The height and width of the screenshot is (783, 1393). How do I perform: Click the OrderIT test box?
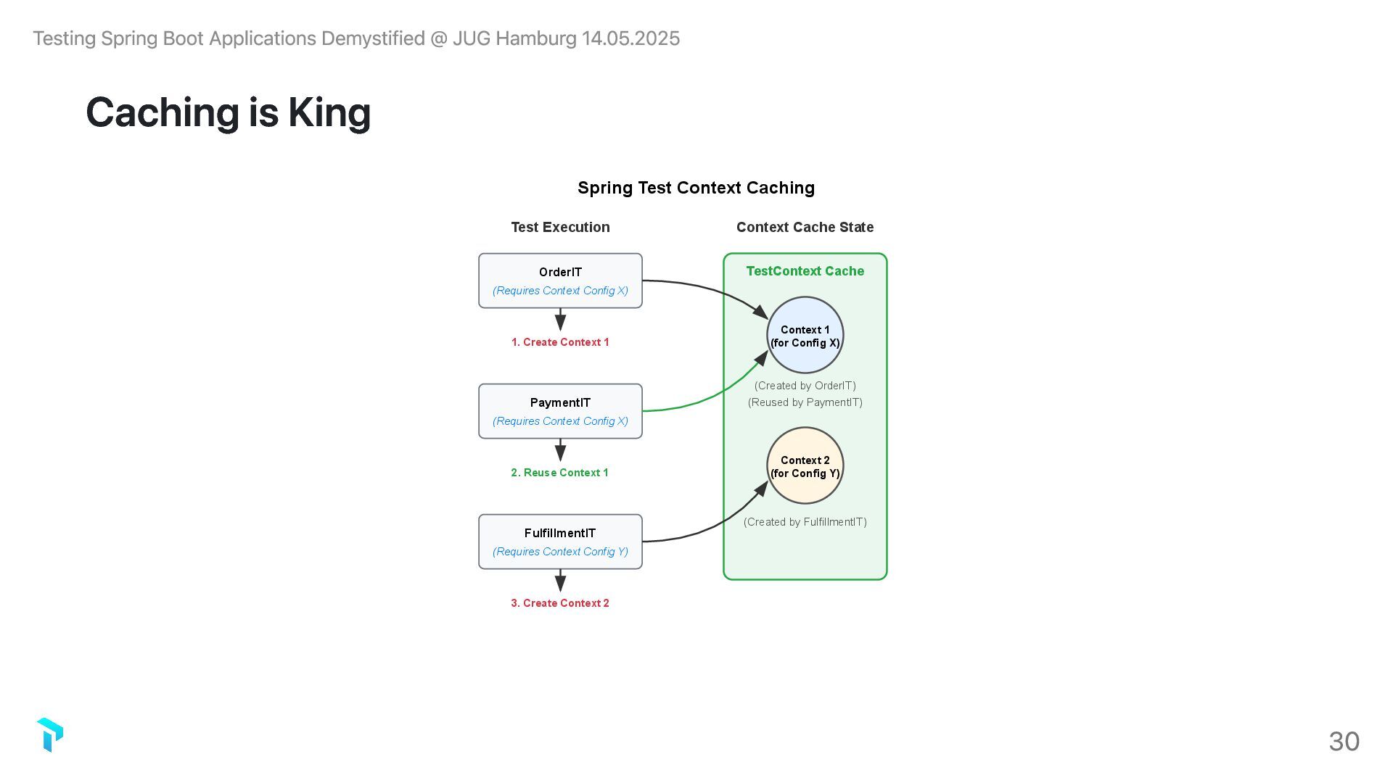pyautogui.click(x=560, y=280)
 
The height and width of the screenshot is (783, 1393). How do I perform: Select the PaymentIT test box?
pyautogui.click(x=560, y=410)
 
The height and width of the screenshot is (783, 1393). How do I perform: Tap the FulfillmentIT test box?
pyautogui.click(x=560, y=541)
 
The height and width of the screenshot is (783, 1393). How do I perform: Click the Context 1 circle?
pyautogui.click(x=805, y=335)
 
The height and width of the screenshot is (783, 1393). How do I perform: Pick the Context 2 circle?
pyautogui.click(x=805, y=465)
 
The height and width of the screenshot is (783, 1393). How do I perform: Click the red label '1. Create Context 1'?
pyautogui.click(x=560, y=342)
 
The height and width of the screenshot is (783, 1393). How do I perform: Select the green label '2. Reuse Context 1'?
pyautogui.click(x=560, y=473)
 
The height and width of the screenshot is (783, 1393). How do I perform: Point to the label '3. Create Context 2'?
pyautogui.click(x=560, y=603)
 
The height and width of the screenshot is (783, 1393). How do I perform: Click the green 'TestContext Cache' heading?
pyautogui.click(x=805, y=271)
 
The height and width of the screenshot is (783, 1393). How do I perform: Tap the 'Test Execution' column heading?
pyautogui.click(x=560, y=227)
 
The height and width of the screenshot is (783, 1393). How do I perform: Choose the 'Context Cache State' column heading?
pyautogui.click(x=805, y=227)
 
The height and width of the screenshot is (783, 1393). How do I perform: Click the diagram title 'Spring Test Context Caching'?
pyautogui.click(x=696, y=188)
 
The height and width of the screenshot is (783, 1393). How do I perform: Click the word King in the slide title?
pyautogui.click(x=329, y=112)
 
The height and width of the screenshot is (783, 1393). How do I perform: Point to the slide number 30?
pyautogui.click(x=1344, y=741)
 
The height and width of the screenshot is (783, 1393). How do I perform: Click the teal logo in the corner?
pyautogui.click(x=50, y=734)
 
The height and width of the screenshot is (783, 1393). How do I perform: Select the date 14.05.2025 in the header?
pyautogui.click(x=630, y=38)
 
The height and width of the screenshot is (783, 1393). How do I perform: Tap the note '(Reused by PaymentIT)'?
pyautogui.click(x=805, y=402)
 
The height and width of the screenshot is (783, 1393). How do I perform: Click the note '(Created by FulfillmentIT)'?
pyautogui.click(x=805, y=522)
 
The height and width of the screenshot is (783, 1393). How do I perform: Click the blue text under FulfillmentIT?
pyautogui.click(x=560, y=552)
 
